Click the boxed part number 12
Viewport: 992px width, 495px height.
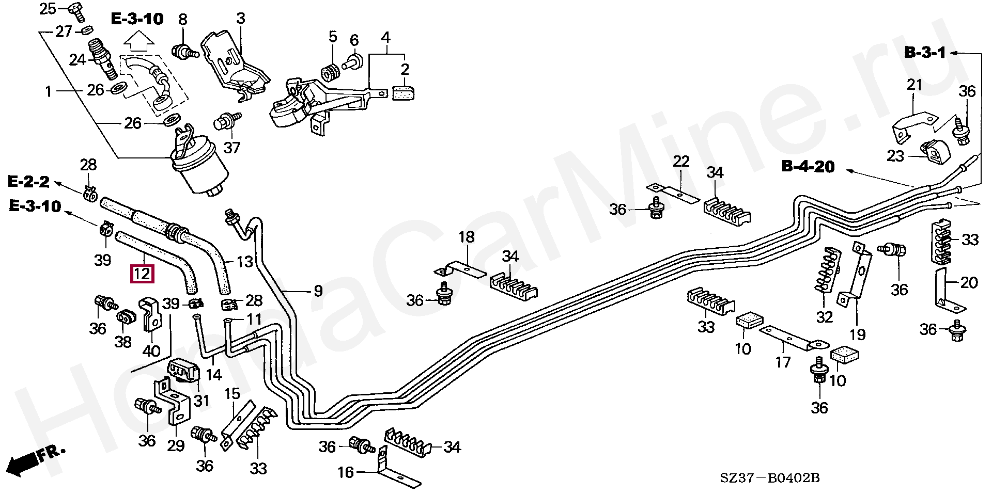(x=142, y=273)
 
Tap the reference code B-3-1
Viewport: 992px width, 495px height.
(x=924, y=53)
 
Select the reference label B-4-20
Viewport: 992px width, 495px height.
(x=808, y=167)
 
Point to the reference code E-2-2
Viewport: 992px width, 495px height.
(x=28, y=182)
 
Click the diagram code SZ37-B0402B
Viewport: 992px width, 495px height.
(x=770, y=478)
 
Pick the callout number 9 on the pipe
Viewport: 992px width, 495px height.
(x=318, y=291)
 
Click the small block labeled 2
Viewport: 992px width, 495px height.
(x=404, y=93)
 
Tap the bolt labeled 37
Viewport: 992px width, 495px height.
(x=223, y=123)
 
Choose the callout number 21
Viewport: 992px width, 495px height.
(x=915, y=85)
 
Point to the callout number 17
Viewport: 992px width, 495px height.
(x=783, y=362)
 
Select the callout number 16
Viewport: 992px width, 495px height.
(x=346, y=472)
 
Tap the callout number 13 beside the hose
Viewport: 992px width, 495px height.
(x=244, y=262)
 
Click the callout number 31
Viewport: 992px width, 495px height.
(x=202, y=401)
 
